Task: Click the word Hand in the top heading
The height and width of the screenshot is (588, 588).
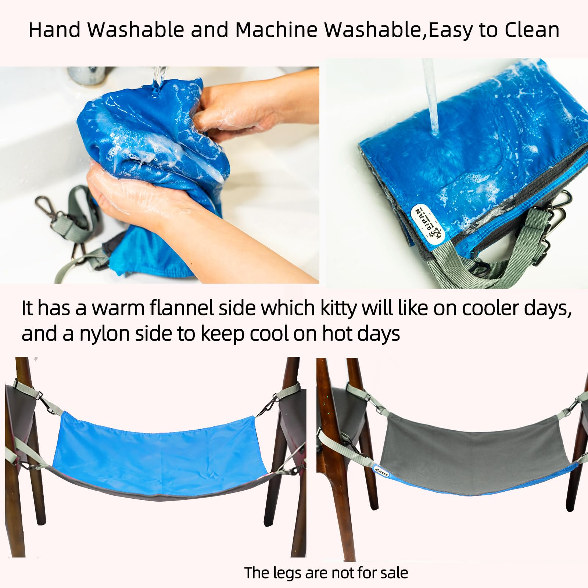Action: click(54, 30)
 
